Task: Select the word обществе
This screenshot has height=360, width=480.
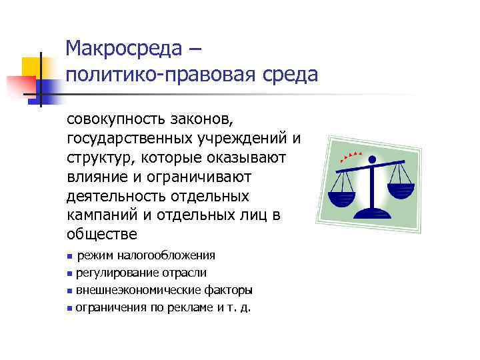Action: (101, 234)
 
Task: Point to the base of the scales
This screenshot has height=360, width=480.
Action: (373, 214)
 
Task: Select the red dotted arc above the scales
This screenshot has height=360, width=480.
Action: (351, 157)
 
